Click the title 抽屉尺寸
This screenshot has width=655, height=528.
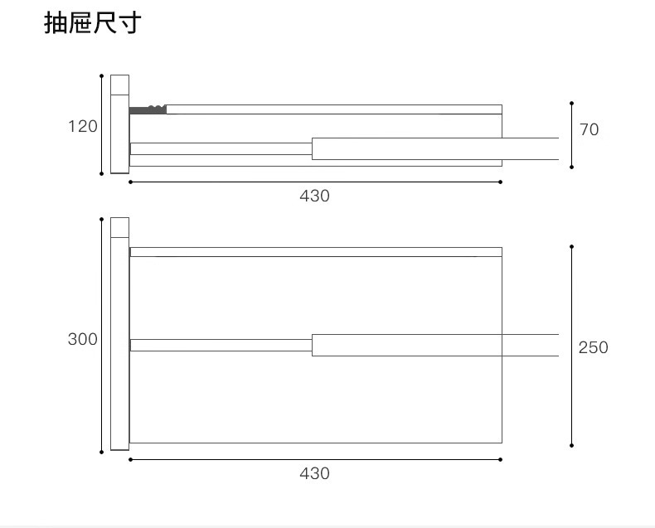click(92, 23)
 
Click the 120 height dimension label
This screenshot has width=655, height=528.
click(83, 127)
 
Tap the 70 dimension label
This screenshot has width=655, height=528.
click(589, 129)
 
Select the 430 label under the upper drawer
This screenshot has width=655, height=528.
click(314, 196)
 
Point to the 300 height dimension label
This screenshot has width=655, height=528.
click(83, 339)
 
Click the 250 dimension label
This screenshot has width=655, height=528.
click(593, 347)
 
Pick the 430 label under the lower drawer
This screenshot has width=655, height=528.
click(314, 473)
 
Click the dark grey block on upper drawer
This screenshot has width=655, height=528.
click(148, 109)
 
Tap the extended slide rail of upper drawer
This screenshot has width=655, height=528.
click(434, 148)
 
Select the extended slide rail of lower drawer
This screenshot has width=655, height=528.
click(434, 345)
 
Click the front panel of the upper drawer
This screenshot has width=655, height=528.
click(119, 124)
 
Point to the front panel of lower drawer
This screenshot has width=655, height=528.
click(119, 334)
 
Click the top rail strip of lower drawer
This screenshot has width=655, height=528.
click(315, 252)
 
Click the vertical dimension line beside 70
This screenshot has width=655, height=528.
click(571, 135)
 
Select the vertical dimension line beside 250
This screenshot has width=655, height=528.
click(571, 346)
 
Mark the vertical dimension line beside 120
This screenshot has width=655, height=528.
click(102, 124)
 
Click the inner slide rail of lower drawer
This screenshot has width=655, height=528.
click(221, 345)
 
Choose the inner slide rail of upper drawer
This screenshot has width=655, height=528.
click(221, 148)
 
